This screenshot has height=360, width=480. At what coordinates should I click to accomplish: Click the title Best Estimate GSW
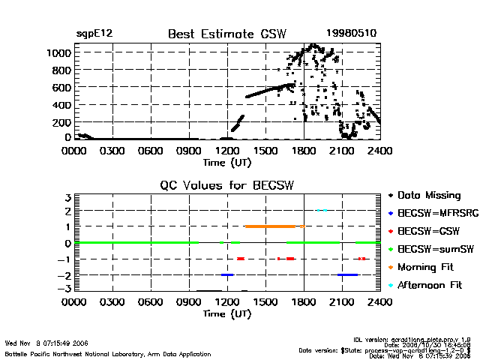(227, 34)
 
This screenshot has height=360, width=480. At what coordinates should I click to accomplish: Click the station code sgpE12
(94, 34)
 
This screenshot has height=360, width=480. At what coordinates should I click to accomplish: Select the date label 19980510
(352, 34)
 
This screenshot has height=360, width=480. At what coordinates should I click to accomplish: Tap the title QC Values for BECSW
(227, 186)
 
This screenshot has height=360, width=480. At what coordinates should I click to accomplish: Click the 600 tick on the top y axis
(61, 88)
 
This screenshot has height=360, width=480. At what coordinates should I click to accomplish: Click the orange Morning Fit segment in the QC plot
(270, 226)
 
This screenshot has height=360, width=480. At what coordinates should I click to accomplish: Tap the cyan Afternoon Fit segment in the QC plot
(322, 210)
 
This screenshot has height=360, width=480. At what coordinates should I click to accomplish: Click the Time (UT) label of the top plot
(227, 162)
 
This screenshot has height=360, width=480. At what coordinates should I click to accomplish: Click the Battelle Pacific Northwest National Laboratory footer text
(108, 353)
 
